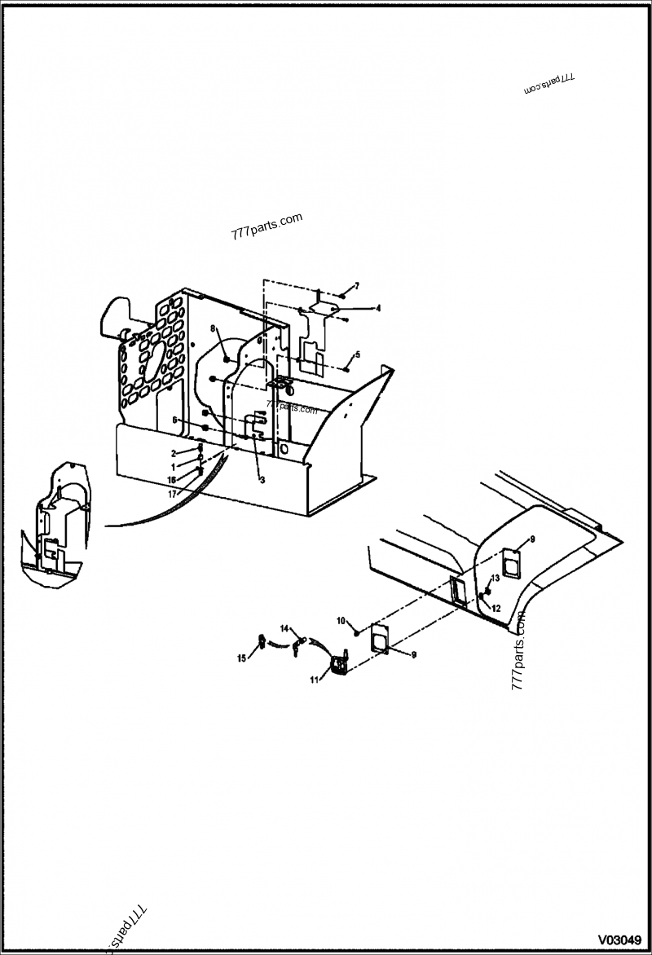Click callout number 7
pyautogui.click(x=356, y=284)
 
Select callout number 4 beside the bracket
pyautogui.click(x=378, y=308)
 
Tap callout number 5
pyautogui.click(x=356, y=354)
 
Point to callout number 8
pyautogui.click(x=213, y=328)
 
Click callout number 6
pyautogui.click(x=174, y=419)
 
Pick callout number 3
pyautogui.click(x=262, y=480)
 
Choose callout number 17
pyautogui.click(x=173, y=493)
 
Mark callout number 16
pyautogui.click(x=172, y=479)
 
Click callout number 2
pyautogui.click(x=173, y=452)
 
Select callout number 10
pyautogui.click(x=341, y=621)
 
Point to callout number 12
pyautogui.click(x=496, y=608)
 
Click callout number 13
pyautogui.click(x=495, y=577)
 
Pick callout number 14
pyautogui.click(x=284, y=628)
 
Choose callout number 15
pyautogui.click(x=242, y=658)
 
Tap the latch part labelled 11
pyautogui.click(x=338, y=664)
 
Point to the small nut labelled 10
pyautogui.click(x=356, y=632)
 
